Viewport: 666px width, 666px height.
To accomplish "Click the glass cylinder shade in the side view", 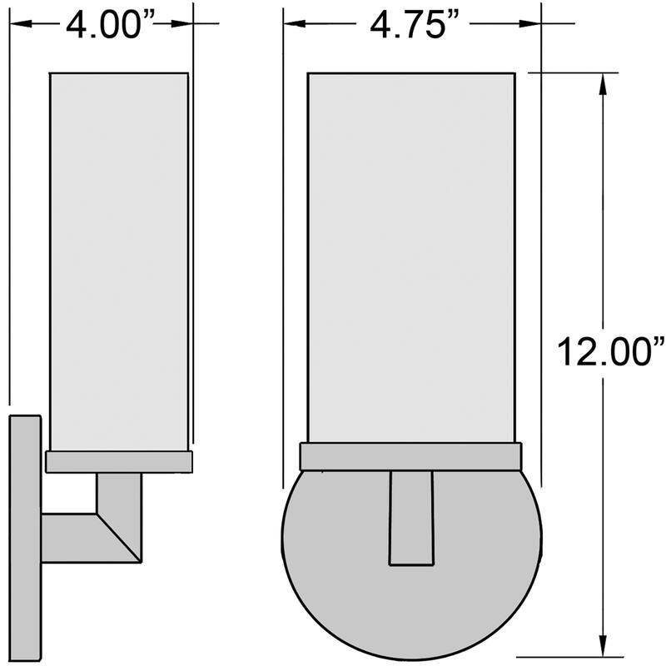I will point(118,258).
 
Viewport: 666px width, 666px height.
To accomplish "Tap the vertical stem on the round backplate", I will point(411,516).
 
